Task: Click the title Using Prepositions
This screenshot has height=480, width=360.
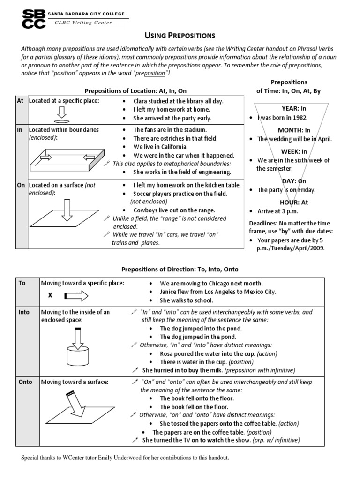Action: (x=180, y=36)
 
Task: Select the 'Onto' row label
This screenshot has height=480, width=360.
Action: (x=25, y=382)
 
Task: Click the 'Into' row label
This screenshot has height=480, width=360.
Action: (x=24, y=312)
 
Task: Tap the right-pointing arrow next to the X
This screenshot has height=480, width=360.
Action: (x=75, y=296)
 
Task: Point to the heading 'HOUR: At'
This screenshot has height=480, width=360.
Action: (x=294, y=202)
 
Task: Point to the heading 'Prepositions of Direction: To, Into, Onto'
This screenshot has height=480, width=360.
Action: (x=180, y=269)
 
